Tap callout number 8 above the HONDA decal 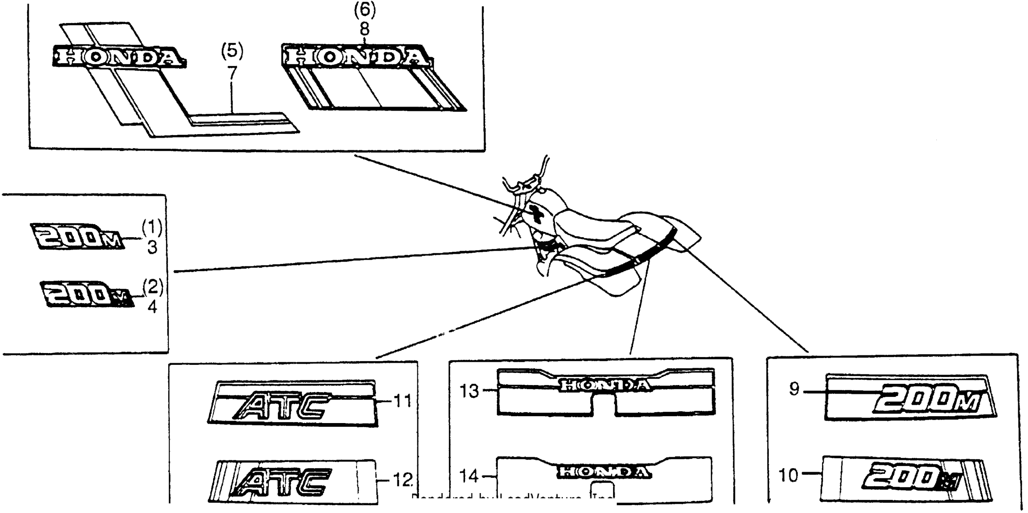(365, 29)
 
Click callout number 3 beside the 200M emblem (152, 248)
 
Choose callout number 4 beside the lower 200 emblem (152, 307)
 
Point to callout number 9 (794, 389)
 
